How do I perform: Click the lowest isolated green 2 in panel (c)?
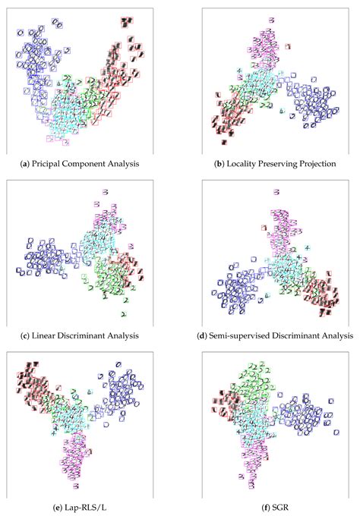[x=123, y=313]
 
